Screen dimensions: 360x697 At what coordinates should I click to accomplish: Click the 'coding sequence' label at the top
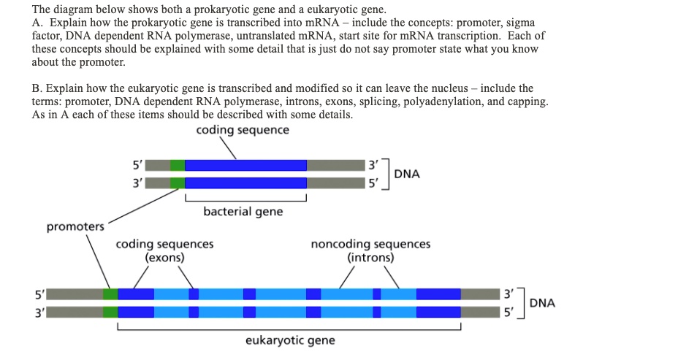tap(243, 130)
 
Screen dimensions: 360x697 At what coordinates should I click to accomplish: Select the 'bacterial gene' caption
tap(243, 212)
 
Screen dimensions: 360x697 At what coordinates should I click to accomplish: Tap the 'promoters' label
tap(75, 226)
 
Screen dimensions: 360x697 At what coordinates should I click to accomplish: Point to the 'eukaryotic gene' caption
tap(290, 340)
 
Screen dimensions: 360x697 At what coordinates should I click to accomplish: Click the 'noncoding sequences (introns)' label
tap(370, 250)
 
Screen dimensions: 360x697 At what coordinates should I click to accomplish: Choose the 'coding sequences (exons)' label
tap(164, 250)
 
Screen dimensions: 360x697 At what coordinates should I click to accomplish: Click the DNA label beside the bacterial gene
tap(407, 174)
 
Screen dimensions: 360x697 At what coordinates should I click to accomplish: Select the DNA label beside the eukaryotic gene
tap(541, 303)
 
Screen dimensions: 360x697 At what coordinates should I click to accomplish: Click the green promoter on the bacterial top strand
tap(178, 165)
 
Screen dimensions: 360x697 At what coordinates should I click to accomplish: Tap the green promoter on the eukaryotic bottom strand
tap(110, 312)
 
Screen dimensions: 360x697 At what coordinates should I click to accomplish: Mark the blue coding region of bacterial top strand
tap(245, 165)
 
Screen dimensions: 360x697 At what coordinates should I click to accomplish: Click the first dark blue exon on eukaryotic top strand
tap(136, 294)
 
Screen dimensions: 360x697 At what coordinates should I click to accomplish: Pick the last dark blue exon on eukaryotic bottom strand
tap(438, 312)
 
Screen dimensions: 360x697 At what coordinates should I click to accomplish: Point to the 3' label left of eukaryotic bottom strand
tap(38, 313)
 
